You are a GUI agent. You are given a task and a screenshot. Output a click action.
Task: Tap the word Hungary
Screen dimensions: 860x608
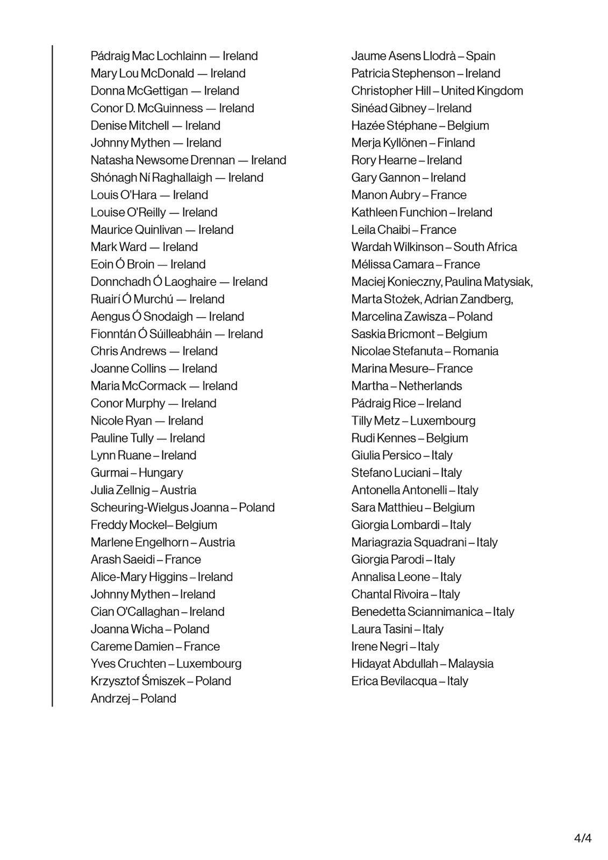(161, 473)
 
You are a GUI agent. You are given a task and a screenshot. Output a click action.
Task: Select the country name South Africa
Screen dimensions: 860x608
(485, 247)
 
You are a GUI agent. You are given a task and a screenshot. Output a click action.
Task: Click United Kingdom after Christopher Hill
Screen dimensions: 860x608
(482, 91)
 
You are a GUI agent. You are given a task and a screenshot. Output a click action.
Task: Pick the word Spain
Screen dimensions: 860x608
(481, 56)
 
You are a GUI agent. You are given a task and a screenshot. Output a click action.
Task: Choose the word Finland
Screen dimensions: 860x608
(456, 143)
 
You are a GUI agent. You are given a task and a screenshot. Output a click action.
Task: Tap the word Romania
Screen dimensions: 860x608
(475, 352)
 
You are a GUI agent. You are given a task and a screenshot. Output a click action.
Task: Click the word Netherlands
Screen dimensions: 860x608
(430, 386)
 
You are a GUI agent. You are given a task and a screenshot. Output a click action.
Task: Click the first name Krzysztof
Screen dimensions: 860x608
(115, 681)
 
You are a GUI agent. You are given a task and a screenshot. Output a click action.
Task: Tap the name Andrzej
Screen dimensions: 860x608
(110, 699)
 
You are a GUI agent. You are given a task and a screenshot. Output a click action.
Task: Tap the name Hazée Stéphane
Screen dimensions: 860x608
(394, 126)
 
